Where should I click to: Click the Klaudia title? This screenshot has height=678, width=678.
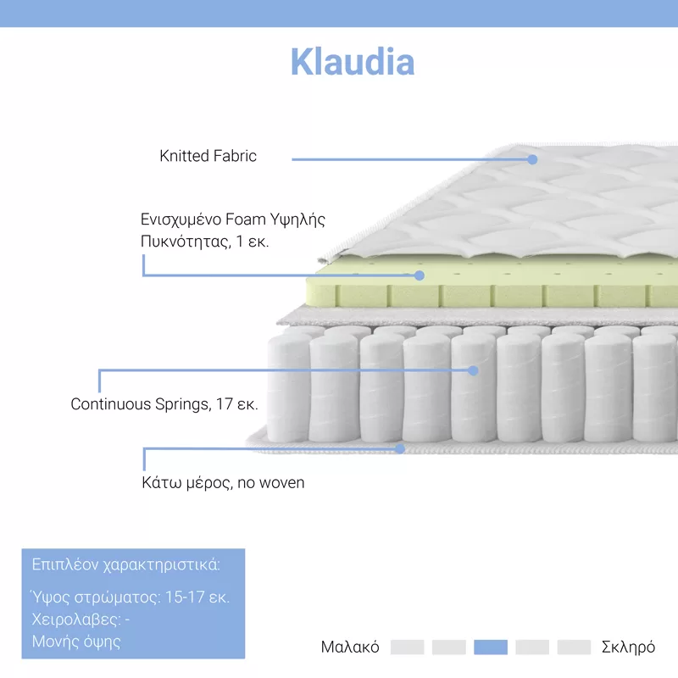(x=353, y=62)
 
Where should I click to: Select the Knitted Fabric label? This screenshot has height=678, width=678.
(x=208, y=156)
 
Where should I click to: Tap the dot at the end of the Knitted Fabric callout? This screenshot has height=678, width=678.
(x=532, y=159)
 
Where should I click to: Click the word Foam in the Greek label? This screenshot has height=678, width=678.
(x=246, y=220)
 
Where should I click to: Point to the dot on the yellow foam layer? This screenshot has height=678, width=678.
(x=419, y=275)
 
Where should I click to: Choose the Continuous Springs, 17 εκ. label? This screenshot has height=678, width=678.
(x=164, y=404)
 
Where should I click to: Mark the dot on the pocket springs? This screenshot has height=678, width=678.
(x=473, y=370)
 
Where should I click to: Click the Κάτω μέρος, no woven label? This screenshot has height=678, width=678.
(x=223, y=482)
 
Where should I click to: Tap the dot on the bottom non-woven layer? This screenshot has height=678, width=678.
(x=400, y=449)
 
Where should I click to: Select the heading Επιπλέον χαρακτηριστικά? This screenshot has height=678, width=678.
(x=125, y=564)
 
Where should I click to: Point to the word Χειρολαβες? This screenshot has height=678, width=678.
(x=76, y=620)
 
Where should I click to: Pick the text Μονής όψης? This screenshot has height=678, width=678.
(x=76, y=642)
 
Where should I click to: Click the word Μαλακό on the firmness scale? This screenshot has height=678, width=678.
(x=350, y=647)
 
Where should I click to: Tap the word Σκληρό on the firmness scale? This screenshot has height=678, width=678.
(x=628, y=647)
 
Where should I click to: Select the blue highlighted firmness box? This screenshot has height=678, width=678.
(x=491, y=647)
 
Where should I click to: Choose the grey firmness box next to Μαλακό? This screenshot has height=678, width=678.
(x=407, y=647)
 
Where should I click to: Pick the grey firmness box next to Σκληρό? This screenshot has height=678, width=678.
(x=574, y=647)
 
